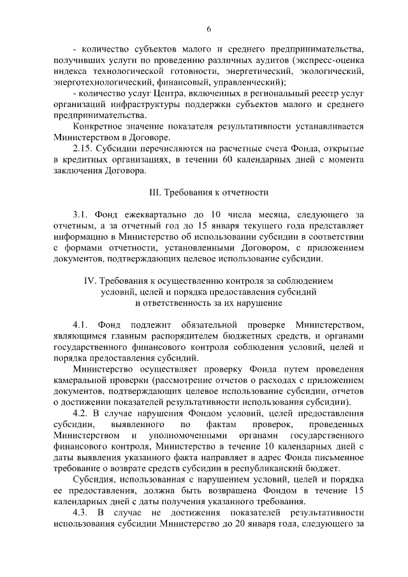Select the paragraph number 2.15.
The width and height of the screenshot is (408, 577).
(x=84, y=148)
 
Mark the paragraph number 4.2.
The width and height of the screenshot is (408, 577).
(x=83, y=413)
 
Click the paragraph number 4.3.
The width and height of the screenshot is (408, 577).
(x=83, y=513)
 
